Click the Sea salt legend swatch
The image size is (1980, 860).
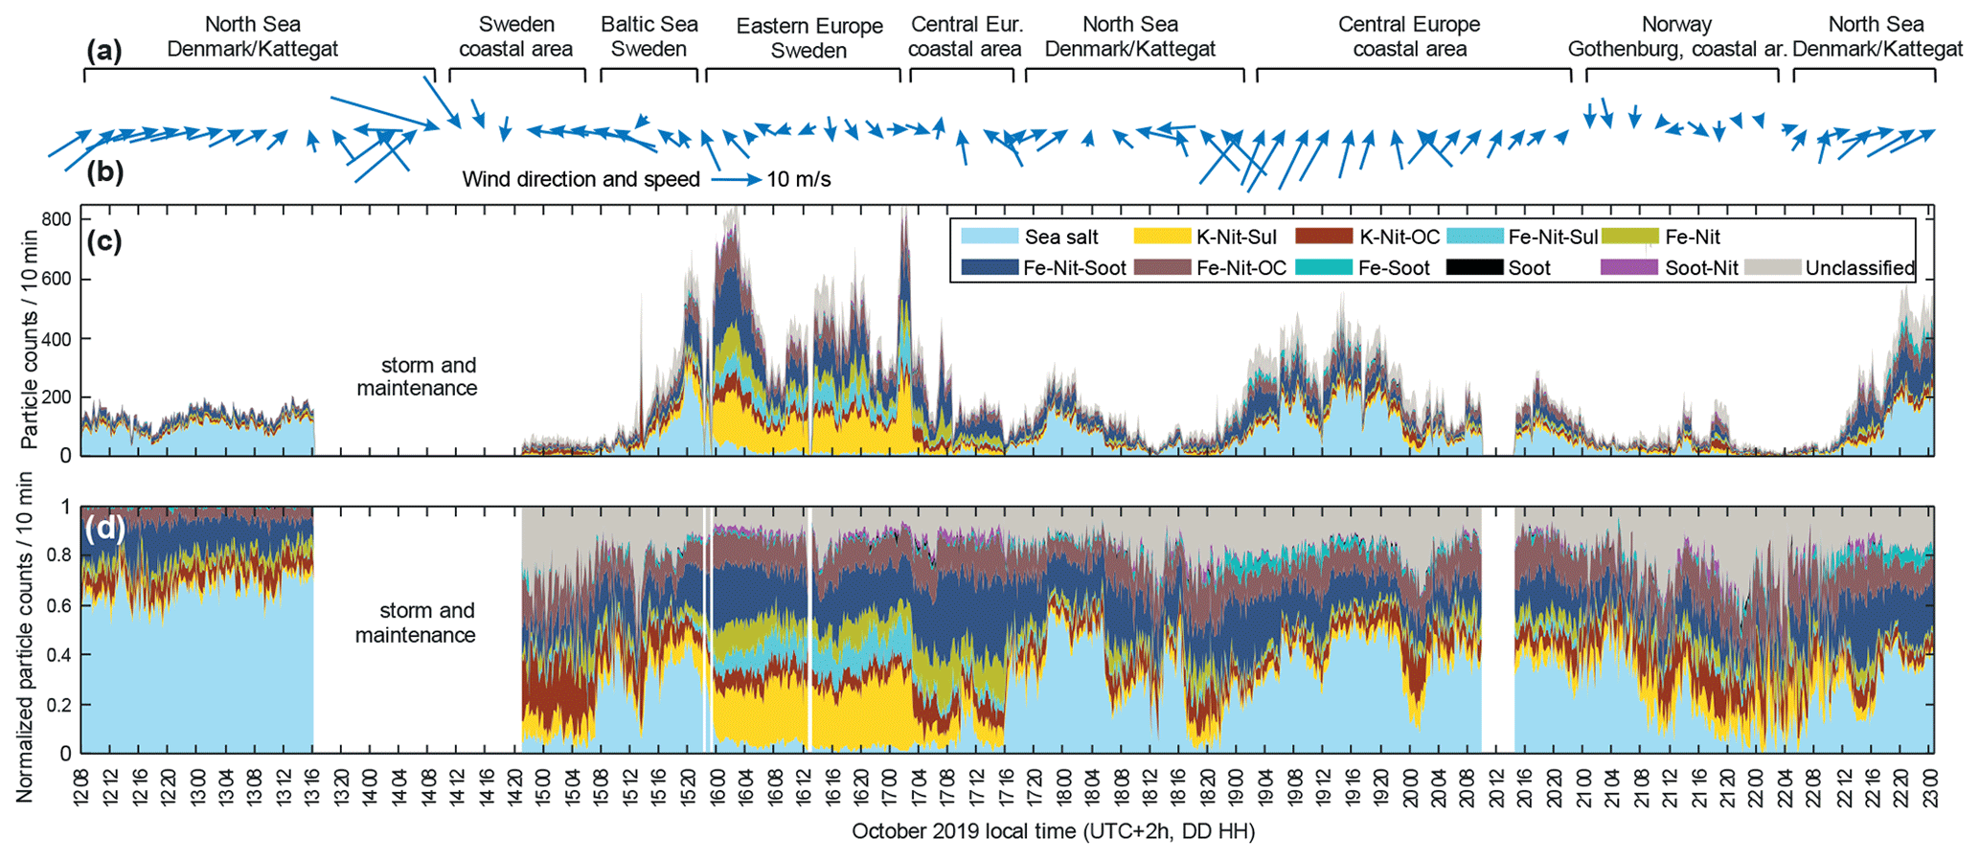pos(988,237)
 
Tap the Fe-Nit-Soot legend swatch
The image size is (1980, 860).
pos(988,268)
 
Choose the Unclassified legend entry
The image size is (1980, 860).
pos(1859,268)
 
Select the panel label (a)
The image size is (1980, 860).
pos(104,51)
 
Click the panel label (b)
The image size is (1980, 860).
pos(104,172)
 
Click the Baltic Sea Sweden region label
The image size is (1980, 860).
pos(649,36)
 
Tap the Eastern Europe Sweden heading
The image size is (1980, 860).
pos(809,38)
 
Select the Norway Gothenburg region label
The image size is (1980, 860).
pos(1676,36)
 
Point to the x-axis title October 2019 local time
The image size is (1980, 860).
pos(1053,831)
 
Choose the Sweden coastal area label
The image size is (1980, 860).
pos(516,36)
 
